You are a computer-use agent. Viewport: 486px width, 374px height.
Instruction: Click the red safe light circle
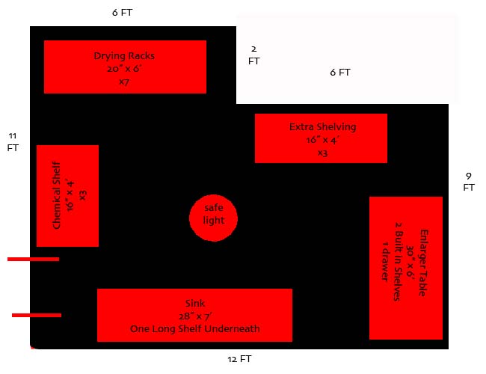point(214,218)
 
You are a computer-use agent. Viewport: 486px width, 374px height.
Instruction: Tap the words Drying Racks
point(124,56)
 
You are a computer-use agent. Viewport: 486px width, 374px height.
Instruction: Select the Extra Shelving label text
point(323,127)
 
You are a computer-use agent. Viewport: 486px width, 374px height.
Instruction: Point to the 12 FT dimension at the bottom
point(239,359)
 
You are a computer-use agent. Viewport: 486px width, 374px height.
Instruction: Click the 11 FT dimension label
point(13,141)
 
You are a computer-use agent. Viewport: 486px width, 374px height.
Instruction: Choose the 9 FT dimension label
point(469,182)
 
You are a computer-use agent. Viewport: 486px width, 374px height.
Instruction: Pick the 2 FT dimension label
point(254,55)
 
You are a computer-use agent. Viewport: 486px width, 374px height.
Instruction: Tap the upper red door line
point(33,259)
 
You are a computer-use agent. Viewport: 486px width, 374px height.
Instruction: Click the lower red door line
point(37,315)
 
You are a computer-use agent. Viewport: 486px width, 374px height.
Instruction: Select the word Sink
point(195,303)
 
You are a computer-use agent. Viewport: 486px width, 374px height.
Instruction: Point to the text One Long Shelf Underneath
point(195,328)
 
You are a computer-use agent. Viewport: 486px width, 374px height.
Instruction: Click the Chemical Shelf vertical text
point(56,195)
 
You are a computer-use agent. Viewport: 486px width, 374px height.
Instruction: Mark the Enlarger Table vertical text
point(423,263)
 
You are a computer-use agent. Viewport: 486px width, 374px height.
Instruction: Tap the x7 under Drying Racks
point(124,82)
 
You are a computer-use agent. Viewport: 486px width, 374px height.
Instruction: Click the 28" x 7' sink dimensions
point(196,316)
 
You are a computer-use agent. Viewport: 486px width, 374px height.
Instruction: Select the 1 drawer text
point(384,262)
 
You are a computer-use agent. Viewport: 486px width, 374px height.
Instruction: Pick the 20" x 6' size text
point(124,69)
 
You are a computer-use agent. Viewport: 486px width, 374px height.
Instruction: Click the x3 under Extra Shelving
point(323,153)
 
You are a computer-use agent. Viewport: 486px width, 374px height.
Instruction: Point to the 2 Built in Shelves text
point(399,262)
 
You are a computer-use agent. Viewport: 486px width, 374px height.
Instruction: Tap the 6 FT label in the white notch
point(340,73)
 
